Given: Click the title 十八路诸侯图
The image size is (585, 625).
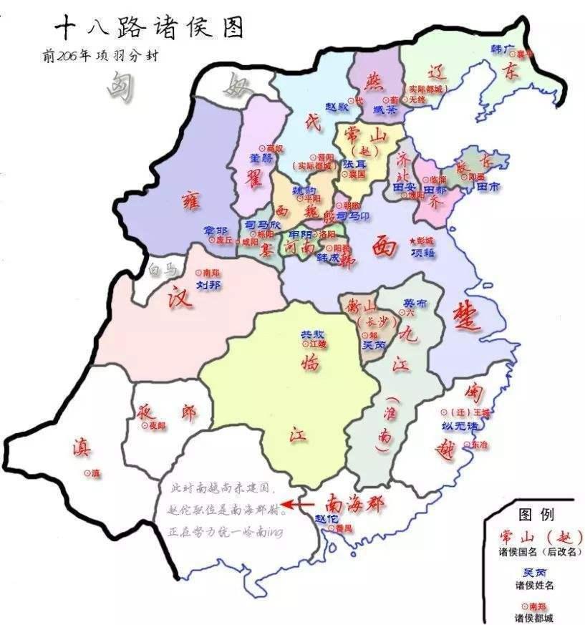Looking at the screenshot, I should click(x=149, y=29).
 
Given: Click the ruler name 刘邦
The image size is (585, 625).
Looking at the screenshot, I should click(x=209, y=285).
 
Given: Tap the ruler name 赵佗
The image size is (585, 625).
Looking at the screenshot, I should click(x=327, y=518).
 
